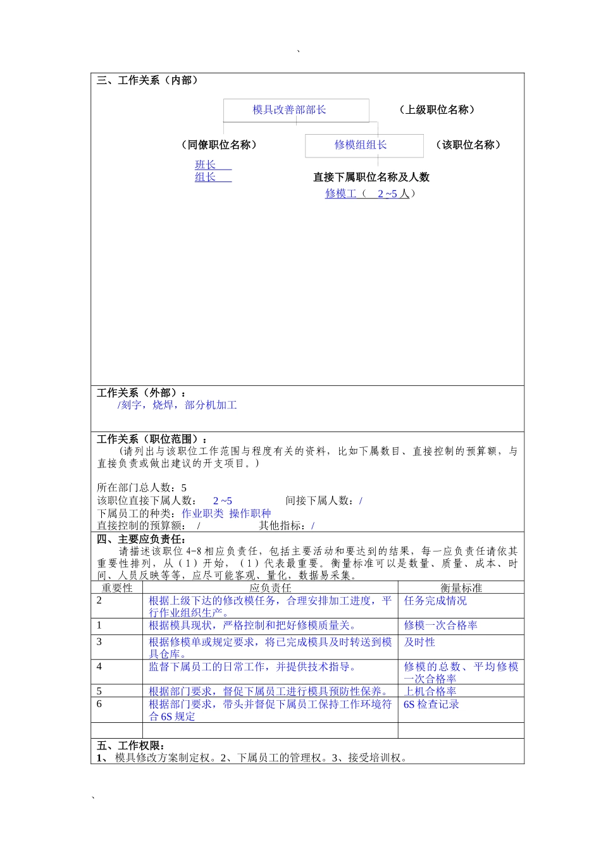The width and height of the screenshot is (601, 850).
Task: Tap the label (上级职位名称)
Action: pyautogui.click(x=437, y=109)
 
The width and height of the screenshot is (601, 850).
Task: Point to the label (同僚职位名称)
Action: pyautogui.click(x=219, y=145)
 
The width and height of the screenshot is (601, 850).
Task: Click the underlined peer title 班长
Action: pyautogui.click(x=206, y=164)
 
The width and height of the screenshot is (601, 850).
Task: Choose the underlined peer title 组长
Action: pyautogui.click(x=206, y=177)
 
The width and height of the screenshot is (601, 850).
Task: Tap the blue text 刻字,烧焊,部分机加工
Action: pyautogui.click(x=178, y=405)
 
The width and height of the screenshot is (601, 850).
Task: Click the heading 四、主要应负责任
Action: pyautogui.click(x=141, y=539)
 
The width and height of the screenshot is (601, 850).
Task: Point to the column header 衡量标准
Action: pyautogui.click(x=461, y=588)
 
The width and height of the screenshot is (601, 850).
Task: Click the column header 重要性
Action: pyautogui.click(x=117, y=588)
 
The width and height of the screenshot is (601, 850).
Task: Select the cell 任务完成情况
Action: pyautogui.click(x=435, y=600)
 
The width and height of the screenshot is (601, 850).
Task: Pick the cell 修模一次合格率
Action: pyautogui.click(x=440, y=625)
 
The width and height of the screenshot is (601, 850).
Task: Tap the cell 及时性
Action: pyautogui.click(x=419, y=642)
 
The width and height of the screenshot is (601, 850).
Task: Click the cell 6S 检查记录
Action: pyautogui.click(x=431, y=704)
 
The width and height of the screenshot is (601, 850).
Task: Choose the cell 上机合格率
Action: pyautogui.click(x=430, y=691)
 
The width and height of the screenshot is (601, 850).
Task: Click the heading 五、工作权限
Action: pyautogui.click(x=131, y=746)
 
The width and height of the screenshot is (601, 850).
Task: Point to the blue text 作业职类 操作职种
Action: pyautogui.click(x=226, y=513)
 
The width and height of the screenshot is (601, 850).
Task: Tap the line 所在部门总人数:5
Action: pyautogui.click(x=142, y=488)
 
